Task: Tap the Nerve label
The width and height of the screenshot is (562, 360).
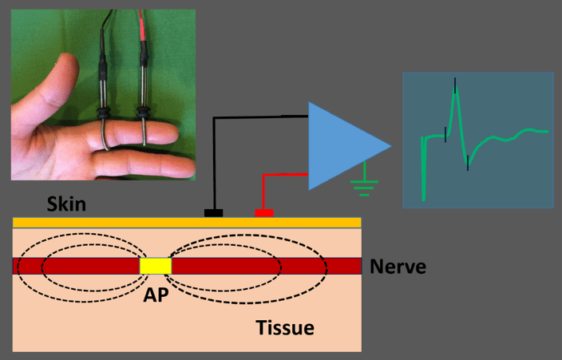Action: click(397, 267)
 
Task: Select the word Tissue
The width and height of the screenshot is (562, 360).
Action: click(285, 327)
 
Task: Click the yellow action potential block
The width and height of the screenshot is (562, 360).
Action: click(156, 266)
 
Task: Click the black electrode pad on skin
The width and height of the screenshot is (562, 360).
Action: click(213, 212)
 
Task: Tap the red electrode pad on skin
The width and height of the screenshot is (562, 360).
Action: click(263, 212)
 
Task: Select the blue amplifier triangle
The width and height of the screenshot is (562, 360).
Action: click(343, 146)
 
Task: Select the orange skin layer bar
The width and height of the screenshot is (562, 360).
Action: click(187, 222)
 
